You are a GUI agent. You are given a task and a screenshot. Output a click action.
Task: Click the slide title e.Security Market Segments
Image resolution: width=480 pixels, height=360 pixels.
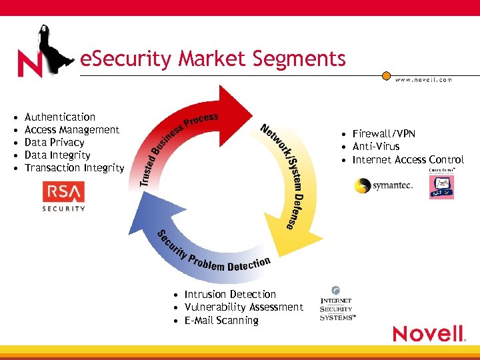click(x=213, y=59)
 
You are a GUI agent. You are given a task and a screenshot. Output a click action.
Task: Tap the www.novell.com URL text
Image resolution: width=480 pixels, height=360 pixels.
click(x=423, y=79)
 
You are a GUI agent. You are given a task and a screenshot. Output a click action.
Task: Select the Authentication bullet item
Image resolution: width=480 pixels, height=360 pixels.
click(x=60, y=117)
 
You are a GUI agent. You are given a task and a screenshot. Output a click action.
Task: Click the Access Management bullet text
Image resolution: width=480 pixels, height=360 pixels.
click(x=71, y=130)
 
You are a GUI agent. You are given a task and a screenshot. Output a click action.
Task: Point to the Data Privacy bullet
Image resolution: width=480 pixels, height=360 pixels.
click(x=54, y=143)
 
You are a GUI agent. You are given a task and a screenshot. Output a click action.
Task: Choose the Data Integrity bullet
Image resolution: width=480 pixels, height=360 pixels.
click(x=57, y=155)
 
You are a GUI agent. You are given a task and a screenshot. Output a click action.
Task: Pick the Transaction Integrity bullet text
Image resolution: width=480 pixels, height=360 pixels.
click(x=74, y=168)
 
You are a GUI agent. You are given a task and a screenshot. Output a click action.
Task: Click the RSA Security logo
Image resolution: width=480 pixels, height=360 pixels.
click(x=64, y=197)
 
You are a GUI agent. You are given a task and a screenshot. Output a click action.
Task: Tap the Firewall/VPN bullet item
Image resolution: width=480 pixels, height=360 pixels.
click(x=383, y=134)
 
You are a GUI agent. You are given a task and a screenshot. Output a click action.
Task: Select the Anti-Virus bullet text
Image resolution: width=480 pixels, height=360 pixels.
click(x=376, y=147)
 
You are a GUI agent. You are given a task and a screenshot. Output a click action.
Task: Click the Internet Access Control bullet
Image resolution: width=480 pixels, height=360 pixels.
click(x=408, y=159)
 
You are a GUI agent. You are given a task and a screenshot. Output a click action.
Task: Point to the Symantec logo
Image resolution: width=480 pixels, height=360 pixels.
click(x=384, y=185)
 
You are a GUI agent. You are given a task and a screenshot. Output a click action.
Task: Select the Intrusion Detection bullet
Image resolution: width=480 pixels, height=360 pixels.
click(x=230, y=295)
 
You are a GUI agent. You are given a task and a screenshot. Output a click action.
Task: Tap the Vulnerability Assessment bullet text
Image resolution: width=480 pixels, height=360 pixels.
click(x=243, y=307)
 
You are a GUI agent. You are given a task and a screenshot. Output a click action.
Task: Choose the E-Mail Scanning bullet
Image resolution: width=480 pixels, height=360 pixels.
click(x=221, y=321)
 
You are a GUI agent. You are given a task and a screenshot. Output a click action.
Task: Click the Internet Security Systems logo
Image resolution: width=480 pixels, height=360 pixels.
click(x=337, y=305)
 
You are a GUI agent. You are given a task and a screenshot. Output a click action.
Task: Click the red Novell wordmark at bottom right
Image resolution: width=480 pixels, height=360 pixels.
click(x=428, y=333)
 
